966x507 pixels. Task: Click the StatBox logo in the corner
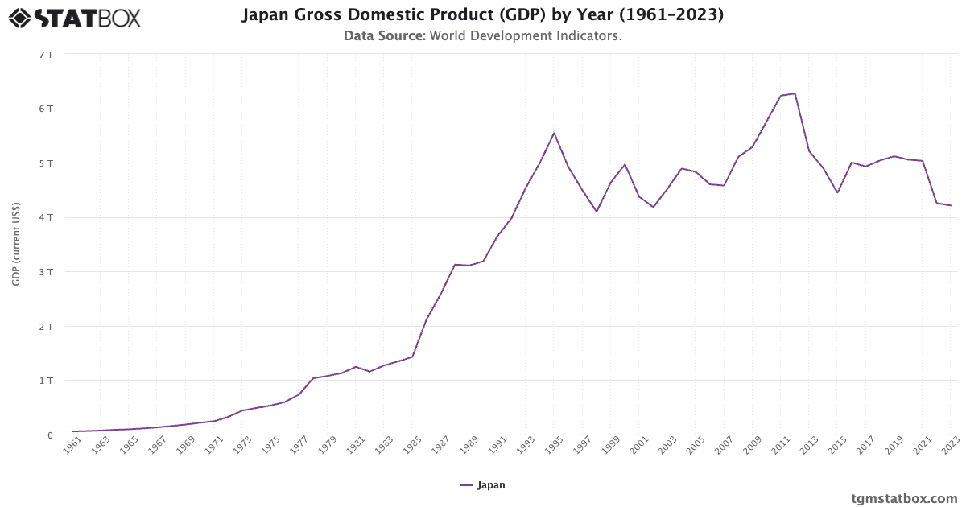75,17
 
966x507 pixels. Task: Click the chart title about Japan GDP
482,15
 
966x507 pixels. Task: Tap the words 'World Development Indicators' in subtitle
526,36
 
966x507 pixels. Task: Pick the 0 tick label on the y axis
49,435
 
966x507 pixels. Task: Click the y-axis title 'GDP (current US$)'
16,245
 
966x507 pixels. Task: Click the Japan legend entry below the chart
483,485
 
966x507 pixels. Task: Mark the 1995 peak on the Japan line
554,133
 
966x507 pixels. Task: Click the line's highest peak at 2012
795,93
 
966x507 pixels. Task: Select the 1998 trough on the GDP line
597,212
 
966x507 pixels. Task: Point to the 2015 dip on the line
837,192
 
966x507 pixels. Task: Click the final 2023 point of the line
951,205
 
